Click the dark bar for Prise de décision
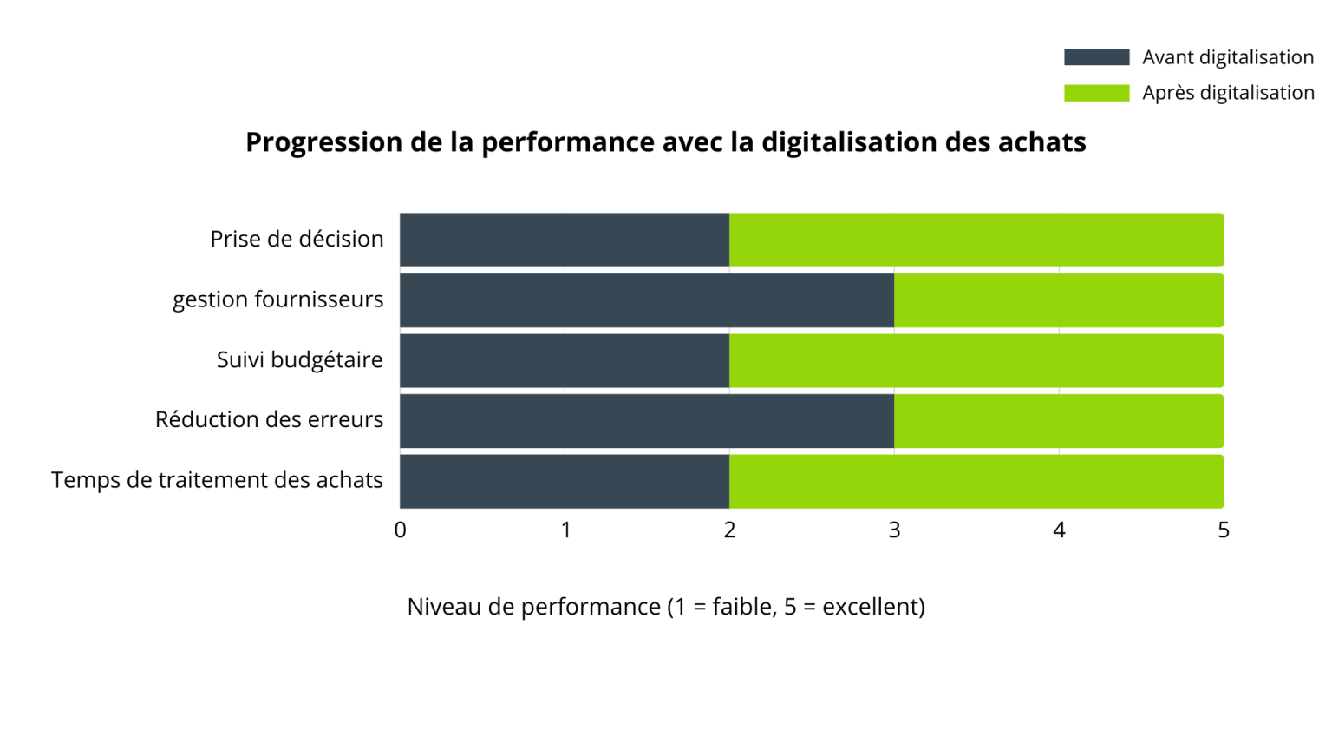coord(564,240)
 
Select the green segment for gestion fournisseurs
coord(1058,300)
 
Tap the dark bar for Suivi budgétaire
coord(564,360)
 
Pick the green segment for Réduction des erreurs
coord(1058,421)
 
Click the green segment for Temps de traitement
coord(976,481)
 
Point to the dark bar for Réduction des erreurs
coord(646,421)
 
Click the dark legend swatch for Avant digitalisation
coord(1096,57)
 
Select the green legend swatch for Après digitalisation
coord(1096,93)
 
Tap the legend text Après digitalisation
coord(1228,93)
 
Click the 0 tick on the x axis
coord(400,530)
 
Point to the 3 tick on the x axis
coord(894,530)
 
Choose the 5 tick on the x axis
coord(1223,530)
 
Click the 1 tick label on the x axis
coord(565,530)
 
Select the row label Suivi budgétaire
coord(299,359)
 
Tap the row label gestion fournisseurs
coord(277,299)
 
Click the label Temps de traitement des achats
coord(217,480)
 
